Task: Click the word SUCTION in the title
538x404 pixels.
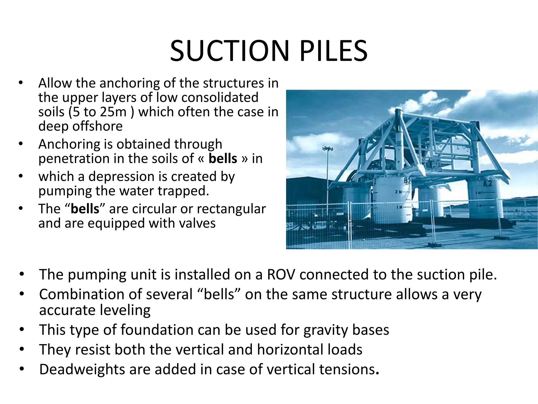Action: (229, 51)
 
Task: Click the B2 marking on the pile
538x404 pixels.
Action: (407, 181)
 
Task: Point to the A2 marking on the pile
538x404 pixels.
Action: (488, 183)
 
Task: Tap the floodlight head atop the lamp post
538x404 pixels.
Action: (327, 149)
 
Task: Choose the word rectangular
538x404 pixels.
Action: (231, 209)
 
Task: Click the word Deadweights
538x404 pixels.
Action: (82, 369)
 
